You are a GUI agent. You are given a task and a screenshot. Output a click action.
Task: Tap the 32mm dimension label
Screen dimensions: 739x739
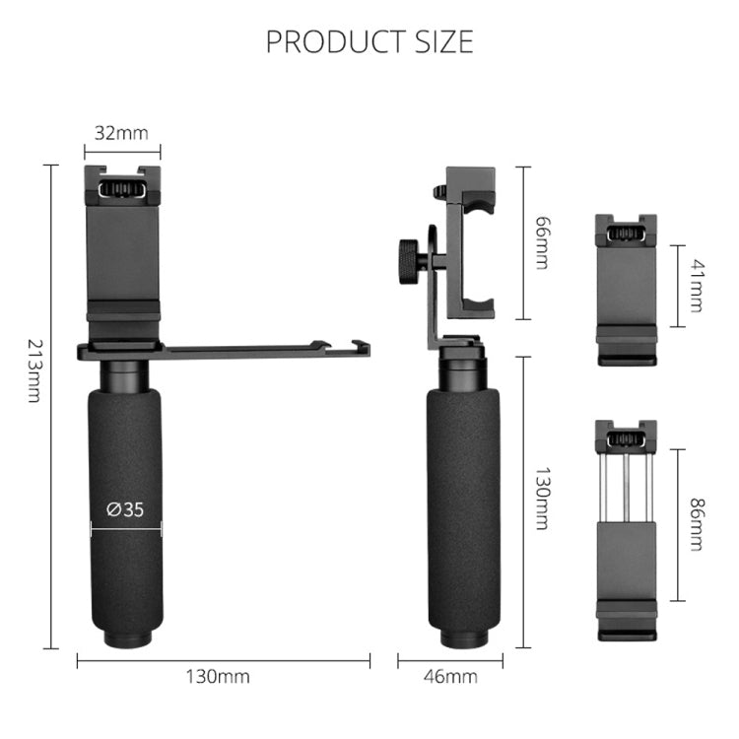122,132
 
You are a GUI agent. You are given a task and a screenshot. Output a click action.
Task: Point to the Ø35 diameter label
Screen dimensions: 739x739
125,509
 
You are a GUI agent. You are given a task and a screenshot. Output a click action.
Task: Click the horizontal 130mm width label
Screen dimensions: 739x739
218,676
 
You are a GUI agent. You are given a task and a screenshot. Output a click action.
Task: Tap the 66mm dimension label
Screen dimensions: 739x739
540,242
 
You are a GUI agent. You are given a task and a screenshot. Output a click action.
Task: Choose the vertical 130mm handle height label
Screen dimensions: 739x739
540,499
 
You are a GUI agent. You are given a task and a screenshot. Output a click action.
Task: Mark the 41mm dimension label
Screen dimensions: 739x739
697,285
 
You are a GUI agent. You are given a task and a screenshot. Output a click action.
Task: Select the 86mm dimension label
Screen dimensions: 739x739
697,524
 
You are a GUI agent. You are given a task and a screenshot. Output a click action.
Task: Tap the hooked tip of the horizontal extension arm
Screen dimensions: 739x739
360,347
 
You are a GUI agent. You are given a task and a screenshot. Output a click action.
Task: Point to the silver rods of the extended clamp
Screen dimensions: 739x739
627,486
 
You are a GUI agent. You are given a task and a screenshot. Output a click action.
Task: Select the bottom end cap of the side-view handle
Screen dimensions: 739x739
463,641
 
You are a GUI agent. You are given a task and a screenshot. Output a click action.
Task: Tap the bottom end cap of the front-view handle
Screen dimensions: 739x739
126,640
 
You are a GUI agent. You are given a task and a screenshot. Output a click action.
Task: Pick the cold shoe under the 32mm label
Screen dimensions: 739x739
123,185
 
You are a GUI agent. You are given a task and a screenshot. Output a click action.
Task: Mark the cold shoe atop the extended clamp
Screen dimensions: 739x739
627,435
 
